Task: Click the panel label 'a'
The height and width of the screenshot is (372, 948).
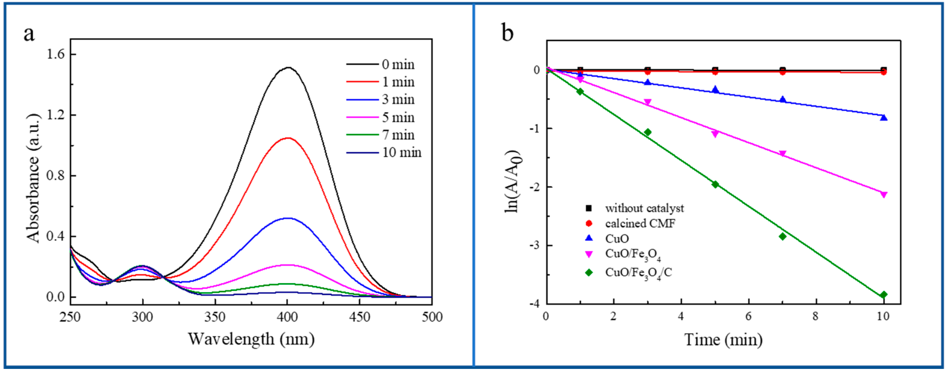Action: (29, 34)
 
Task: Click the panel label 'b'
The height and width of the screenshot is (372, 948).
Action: (507, 33)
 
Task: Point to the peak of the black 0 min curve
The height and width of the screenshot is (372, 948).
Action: (288, 68)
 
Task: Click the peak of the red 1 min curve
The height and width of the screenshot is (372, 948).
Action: (288, 138)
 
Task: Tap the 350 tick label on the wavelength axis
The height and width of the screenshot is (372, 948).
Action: (215, 317)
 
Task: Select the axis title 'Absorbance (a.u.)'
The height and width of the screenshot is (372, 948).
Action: (33, 178)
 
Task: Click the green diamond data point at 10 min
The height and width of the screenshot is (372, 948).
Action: (883, 295)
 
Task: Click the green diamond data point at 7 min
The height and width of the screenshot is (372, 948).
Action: (782, 236)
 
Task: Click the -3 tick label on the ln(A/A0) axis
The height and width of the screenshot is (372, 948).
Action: (535, 245)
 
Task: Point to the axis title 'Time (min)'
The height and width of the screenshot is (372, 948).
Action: (723, 339)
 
